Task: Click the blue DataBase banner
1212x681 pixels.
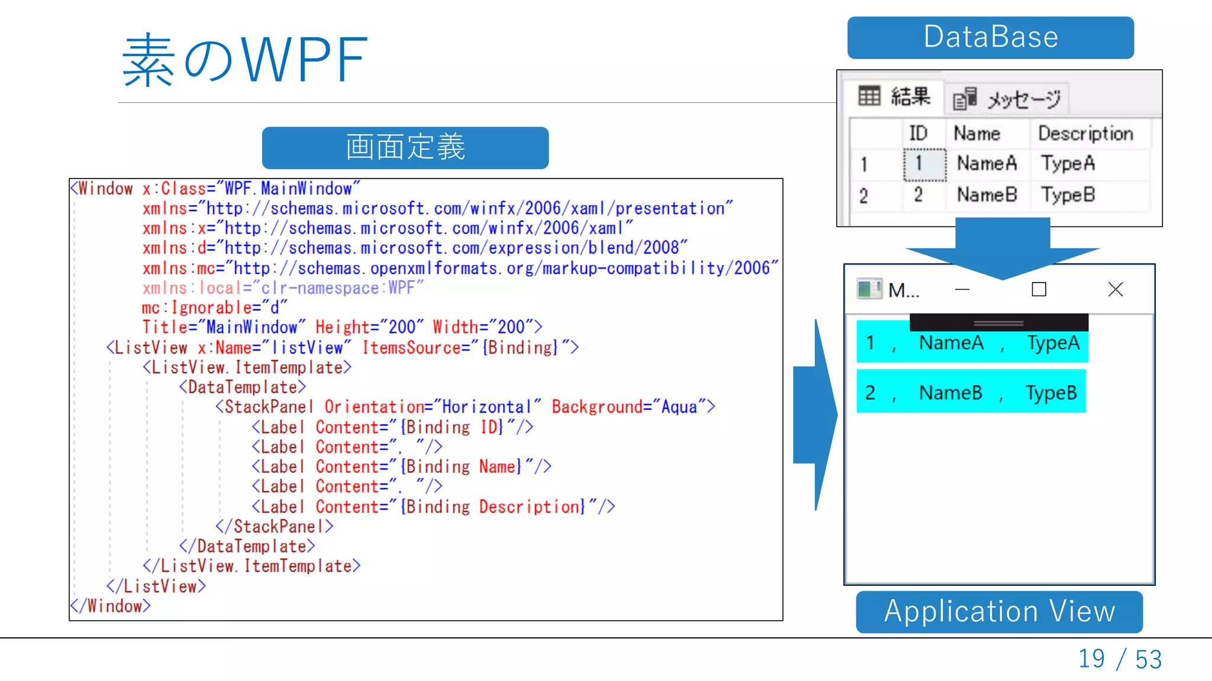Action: (x=990, y=37)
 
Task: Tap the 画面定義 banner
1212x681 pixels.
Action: (x=405, y=147)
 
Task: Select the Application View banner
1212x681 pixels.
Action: (x=999, y=612)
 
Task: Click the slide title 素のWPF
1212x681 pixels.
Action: (x=244, y=60)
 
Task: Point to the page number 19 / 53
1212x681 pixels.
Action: (x=1120, y=659)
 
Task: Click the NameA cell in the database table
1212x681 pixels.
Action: (x=987, y=163)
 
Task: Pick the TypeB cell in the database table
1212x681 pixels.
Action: (x=1068, y=194)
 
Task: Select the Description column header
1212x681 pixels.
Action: (x=1085, y=134)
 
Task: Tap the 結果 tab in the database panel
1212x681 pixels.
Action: (x=894, y=96)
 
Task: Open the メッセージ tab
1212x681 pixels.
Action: (x=1007, y=99)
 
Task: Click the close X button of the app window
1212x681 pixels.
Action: (x=1116, y=289)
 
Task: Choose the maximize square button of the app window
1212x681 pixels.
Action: (x=1039, y=289)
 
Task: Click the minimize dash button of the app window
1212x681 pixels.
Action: (x=962, y=289)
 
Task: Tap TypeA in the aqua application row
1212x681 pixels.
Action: (x=1053, y=343)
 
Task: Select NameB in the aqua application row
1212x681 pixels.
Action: (x=950, y=393)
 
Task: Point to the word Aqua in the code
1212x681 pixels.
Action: (x=679, y=407)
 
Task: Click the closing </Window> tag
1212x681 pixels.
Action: (x=110, y=607)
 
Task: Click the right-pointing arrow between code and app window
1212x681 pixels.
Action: (x=816, y=414)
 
